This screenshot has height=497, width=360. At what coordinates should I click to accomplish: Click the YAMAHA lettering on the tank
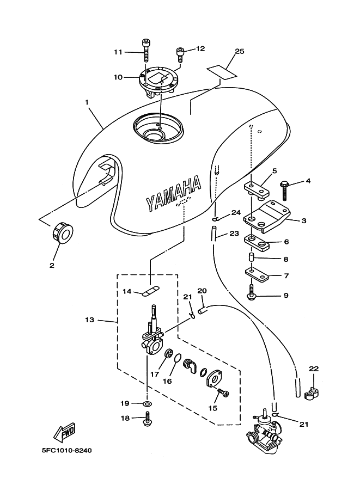[174, 194]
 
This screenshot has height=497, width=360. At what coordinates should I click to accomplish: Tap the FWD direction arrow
[64, 432]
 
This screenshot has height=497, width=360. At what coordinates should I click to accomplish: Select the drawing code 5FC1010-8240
[66, 450]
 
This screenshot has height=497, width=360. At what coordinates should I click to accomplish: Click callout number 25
[240, 51]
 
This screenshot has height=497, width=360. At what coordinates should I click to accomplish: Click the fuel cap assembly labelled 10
[157, 81]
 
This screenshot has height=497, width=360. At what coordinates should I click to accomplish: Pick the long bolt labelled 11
[146, 51]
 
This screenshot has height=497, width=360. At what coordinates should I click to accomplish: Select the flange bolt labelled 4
[284, 190]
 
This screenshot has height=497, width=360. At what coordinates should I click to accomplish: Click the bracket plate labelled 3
[266, 217]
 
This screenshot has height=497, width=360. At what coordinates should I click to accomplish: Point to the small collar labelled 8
[252, 256]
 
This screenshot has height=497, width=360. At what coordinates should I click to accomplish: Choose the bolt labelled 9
[252, 292]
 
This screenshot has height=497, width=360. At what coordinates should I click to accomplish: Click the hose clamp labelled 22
[312, 392]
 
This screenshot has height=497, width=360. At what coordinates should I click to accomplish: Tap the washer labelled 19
[147, 404]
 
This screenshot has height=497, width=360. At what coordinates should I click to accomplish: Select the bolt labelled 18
[147, 419]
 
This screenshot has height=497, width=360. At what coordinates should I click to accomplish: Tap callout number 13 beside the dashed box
[90, 320]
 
